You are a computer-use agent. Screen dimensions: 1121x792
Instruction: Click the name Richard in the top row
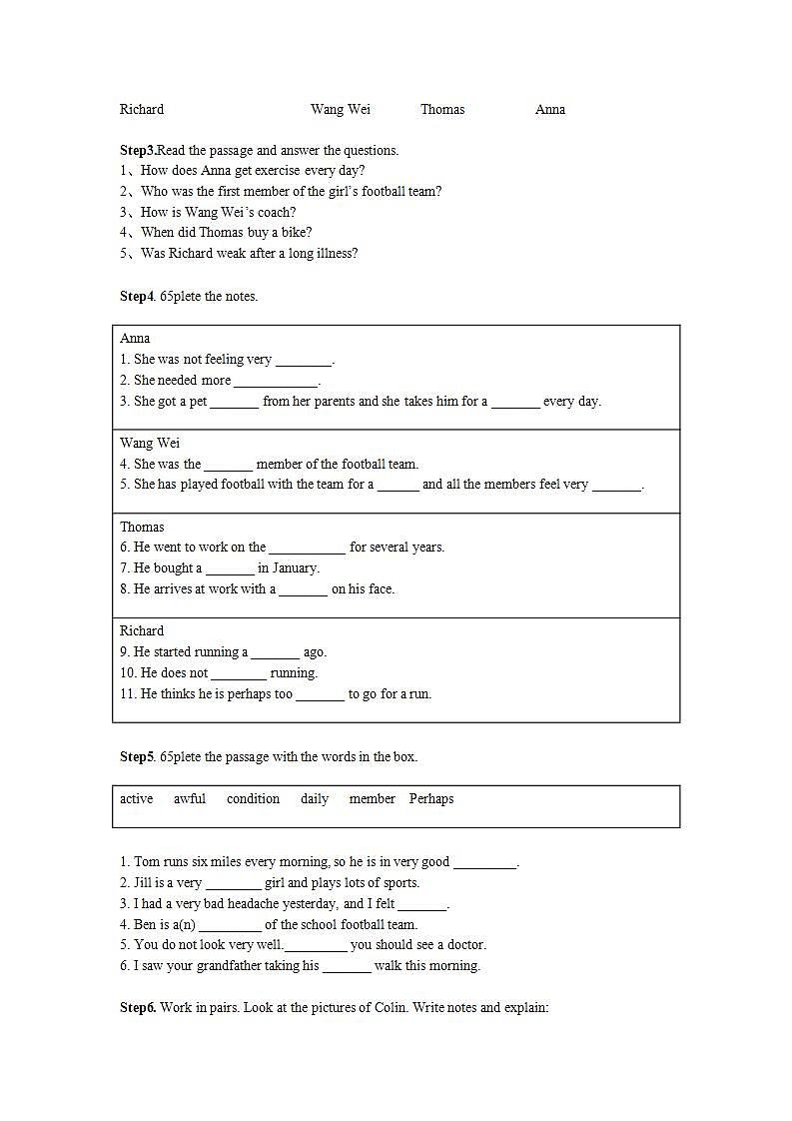(x=142, y=110)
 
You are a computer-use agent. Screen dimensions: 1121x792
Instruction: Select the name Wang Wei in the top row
(x=341, y=110)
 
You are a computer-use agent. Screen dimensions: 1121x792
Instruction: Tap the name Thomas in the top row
(x=442, y=110)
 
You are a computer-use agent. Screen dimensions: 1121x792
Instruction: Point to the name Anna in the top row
(x=550, y=110)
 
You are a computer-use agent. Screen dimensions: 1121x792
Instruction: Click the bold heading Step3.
(x=138, y=151)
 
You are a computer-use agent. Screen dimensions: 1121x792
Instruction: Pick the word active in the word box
(x=137, y=799)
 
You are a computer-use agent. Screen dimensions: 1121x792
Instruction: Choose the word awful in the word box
(x=190, y=799)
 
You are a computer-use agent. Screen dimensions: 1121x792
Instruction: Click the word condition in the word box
(x=253, y=799)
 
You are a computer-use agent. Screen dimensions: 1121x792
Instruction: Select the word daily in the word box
(x=315, y=799)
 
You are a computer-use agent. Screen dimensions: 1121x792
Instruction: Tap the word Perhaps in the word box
(x=431, y=799)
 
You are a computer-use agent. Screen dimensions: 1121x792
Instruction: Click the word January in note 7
(x=295, y=568)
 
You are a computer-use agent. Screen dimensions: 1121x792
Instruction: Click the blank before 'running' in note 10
(x=239, y=674)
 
